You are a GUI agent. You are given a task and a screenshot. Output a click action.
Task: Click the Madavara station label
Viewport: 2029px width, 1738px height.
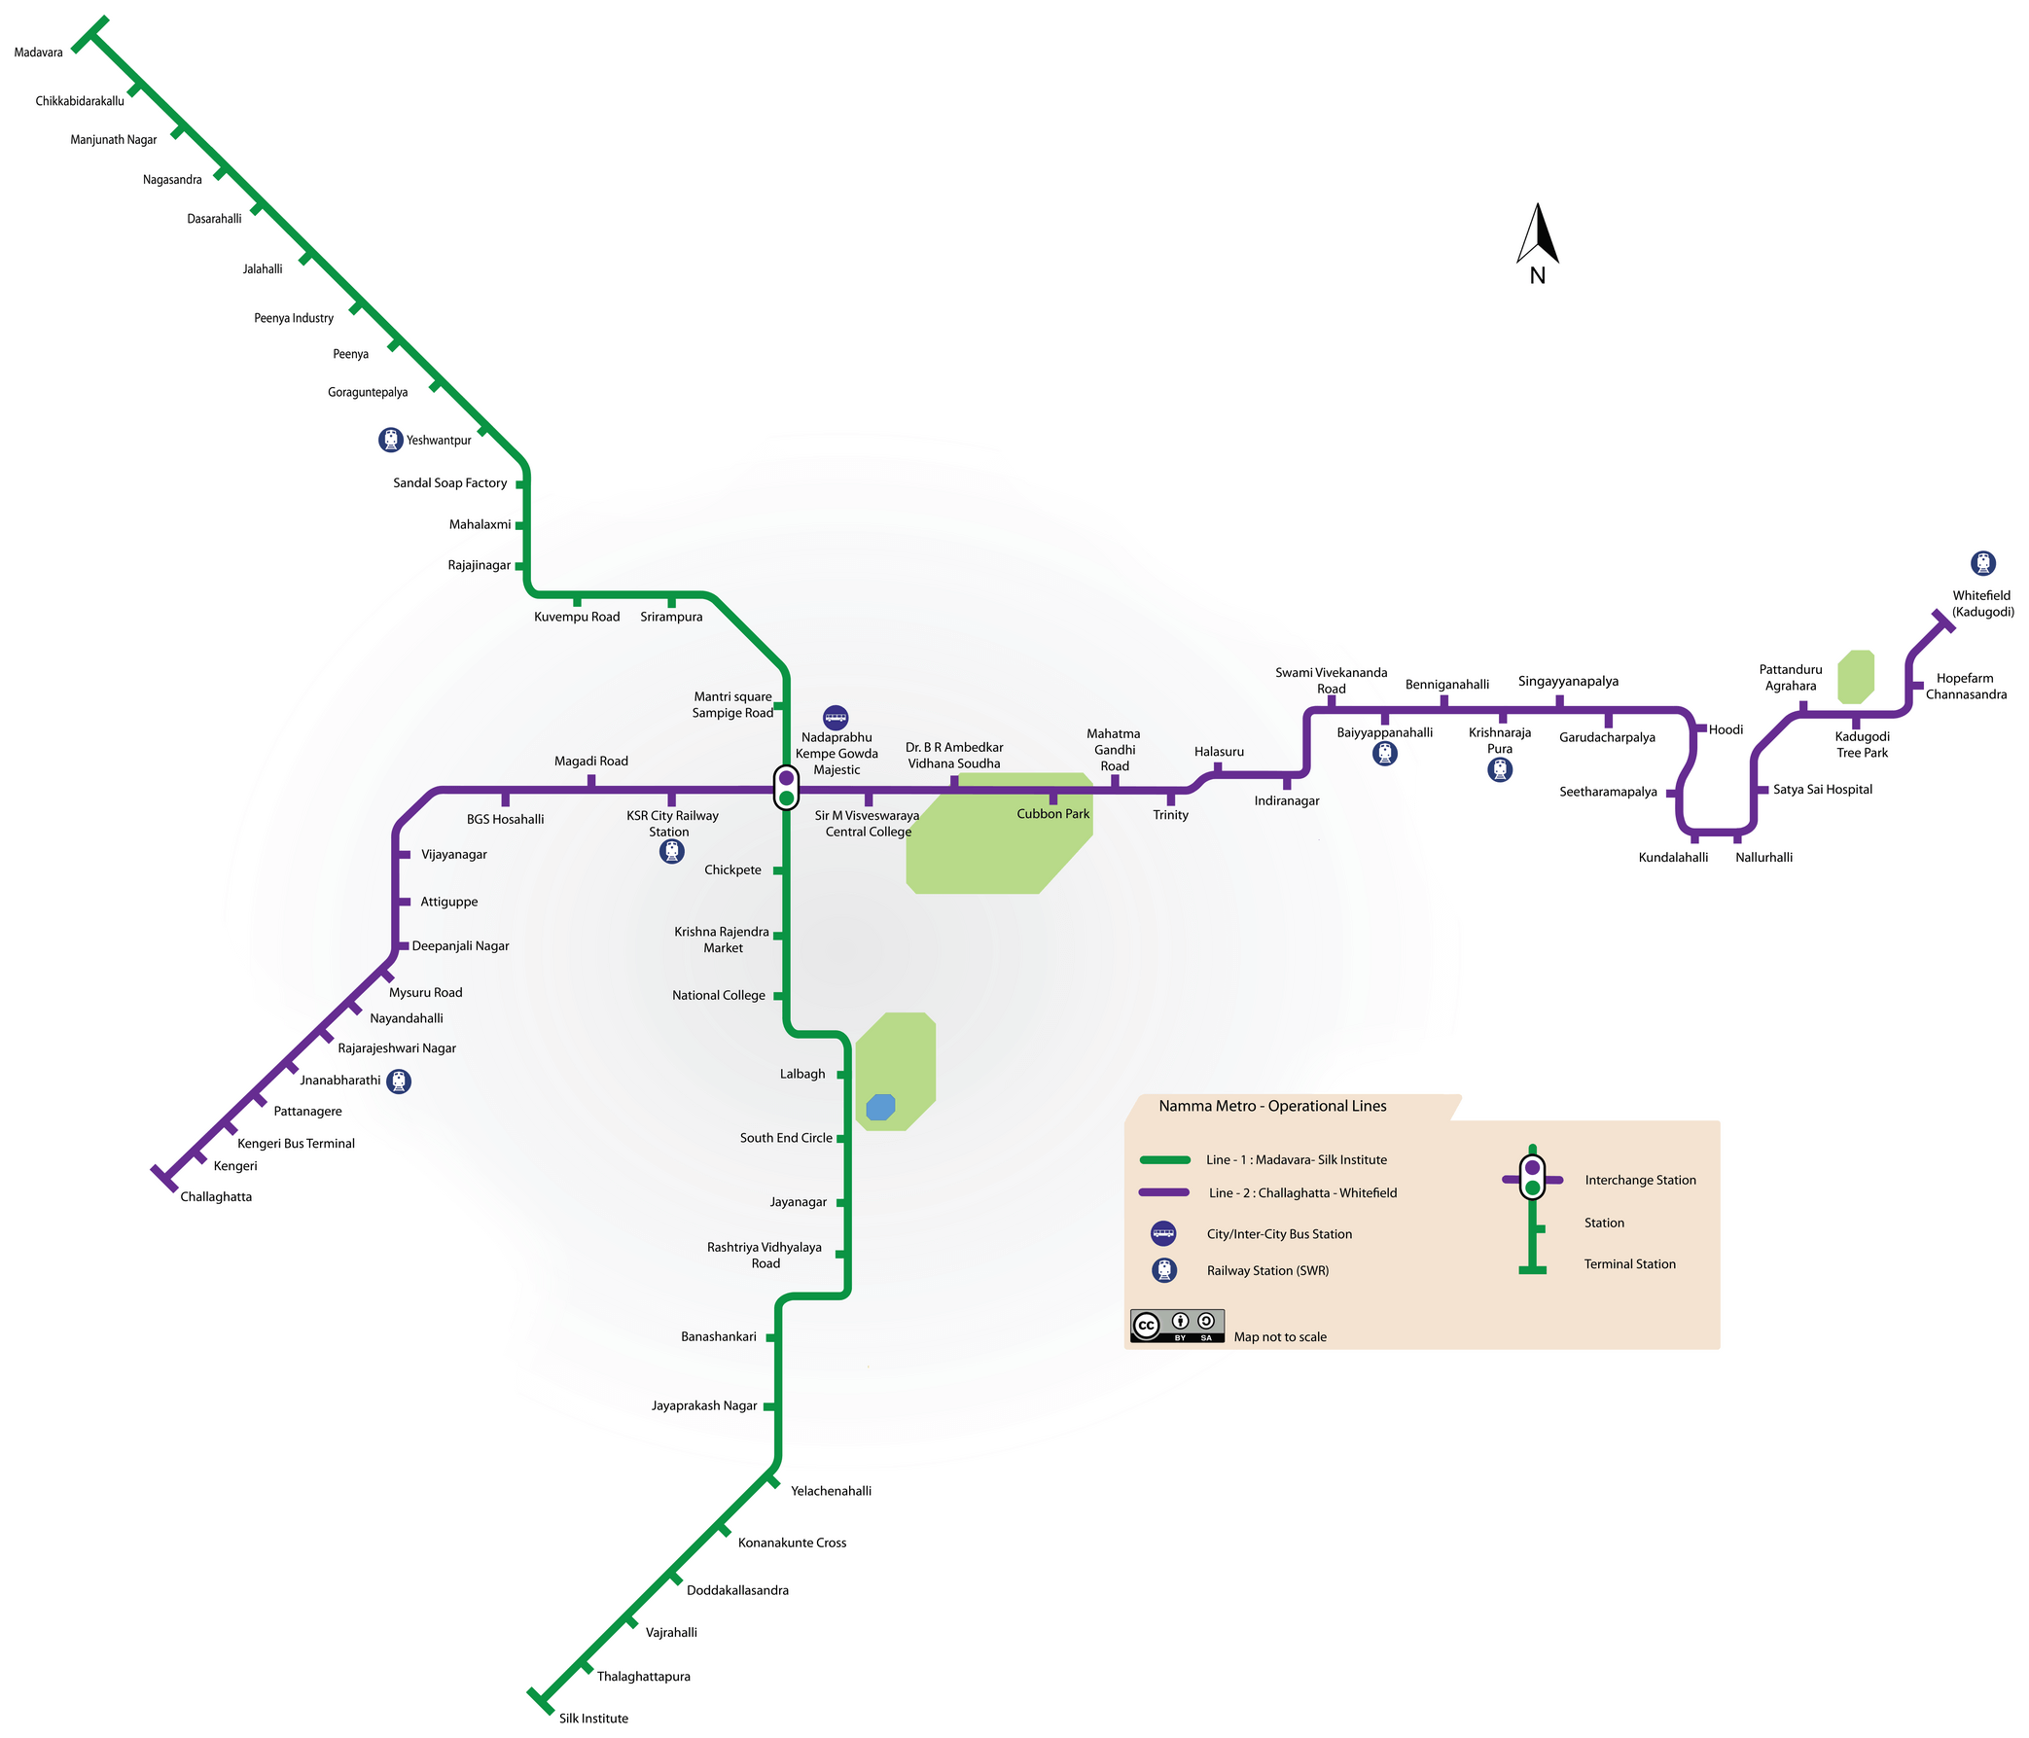coord(38,53)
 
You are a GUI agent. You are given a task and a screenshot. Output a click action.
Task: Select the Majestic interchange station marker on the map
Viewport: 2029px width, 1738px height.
coord(786,787)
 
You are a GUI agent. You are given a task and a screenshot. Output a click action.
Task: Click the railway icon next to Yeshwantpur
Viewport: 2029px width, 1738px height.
coord(391,440)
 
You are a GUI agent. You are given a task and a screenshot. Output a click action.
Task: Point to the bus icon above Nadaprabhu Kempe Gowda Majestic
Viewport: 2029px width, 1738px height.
coord(836,718)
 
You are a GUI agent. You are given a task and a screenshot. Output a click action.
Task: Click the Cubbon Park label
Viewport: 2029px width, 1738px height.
coord(1052,815)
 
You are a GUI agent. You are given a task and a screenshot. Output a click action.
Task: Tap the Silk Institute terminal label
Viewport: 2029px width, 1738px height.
coord(593,1719)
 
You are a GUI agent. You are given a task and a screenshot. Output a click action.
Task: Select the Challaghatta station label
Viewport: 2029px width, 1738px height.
coord(215,1196)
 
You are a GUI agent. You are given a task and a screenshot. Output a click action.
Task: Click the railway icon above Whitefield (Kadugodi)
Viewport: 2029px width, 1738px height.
coord(1983,563)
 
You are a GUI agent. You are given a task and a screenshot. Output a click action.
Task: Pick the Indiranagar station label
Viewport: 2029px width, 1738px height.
coord(1287,801)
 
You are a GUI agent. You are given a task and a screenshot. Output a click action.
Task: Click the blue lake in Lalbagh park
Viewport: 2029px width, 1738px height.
coord(880,1107)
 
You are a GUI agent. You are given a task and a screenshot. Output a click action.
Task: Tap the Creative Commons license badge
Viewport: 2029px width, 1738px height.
coord(1177,1326)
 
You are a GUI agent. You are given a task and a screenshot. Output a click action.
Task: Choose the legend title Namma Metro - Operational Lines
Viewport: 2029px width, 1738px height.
coord(1272,1107)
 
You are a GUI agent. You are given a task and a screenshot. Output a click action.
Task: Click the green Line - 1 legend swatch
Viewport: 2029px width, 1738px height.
coord(1164,1160)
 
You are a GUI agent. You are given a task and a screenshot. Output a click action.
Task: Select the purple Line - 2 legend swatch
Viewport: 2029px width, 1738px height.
coord(1164,1192)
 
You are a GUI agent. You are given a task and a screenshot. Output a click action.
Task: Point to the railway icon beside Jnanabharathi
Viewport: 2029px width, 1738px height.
coord(399,1081)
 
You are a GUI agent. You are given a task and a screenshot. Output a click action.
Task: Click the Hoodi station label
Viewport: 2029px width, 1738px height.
coord(1726,729)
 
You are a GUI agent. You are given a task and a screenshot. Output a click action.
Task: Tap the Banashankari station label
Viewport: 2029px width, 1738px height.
coord(719,1336)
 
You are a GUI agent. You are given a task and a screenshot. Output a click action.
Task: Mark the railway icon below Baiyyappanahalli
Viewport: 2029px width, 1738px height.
coord(1385,753)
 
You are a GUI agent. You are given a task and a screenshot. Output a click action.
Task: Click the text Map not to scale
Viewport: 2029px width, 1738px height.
coord(1280,1337)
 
